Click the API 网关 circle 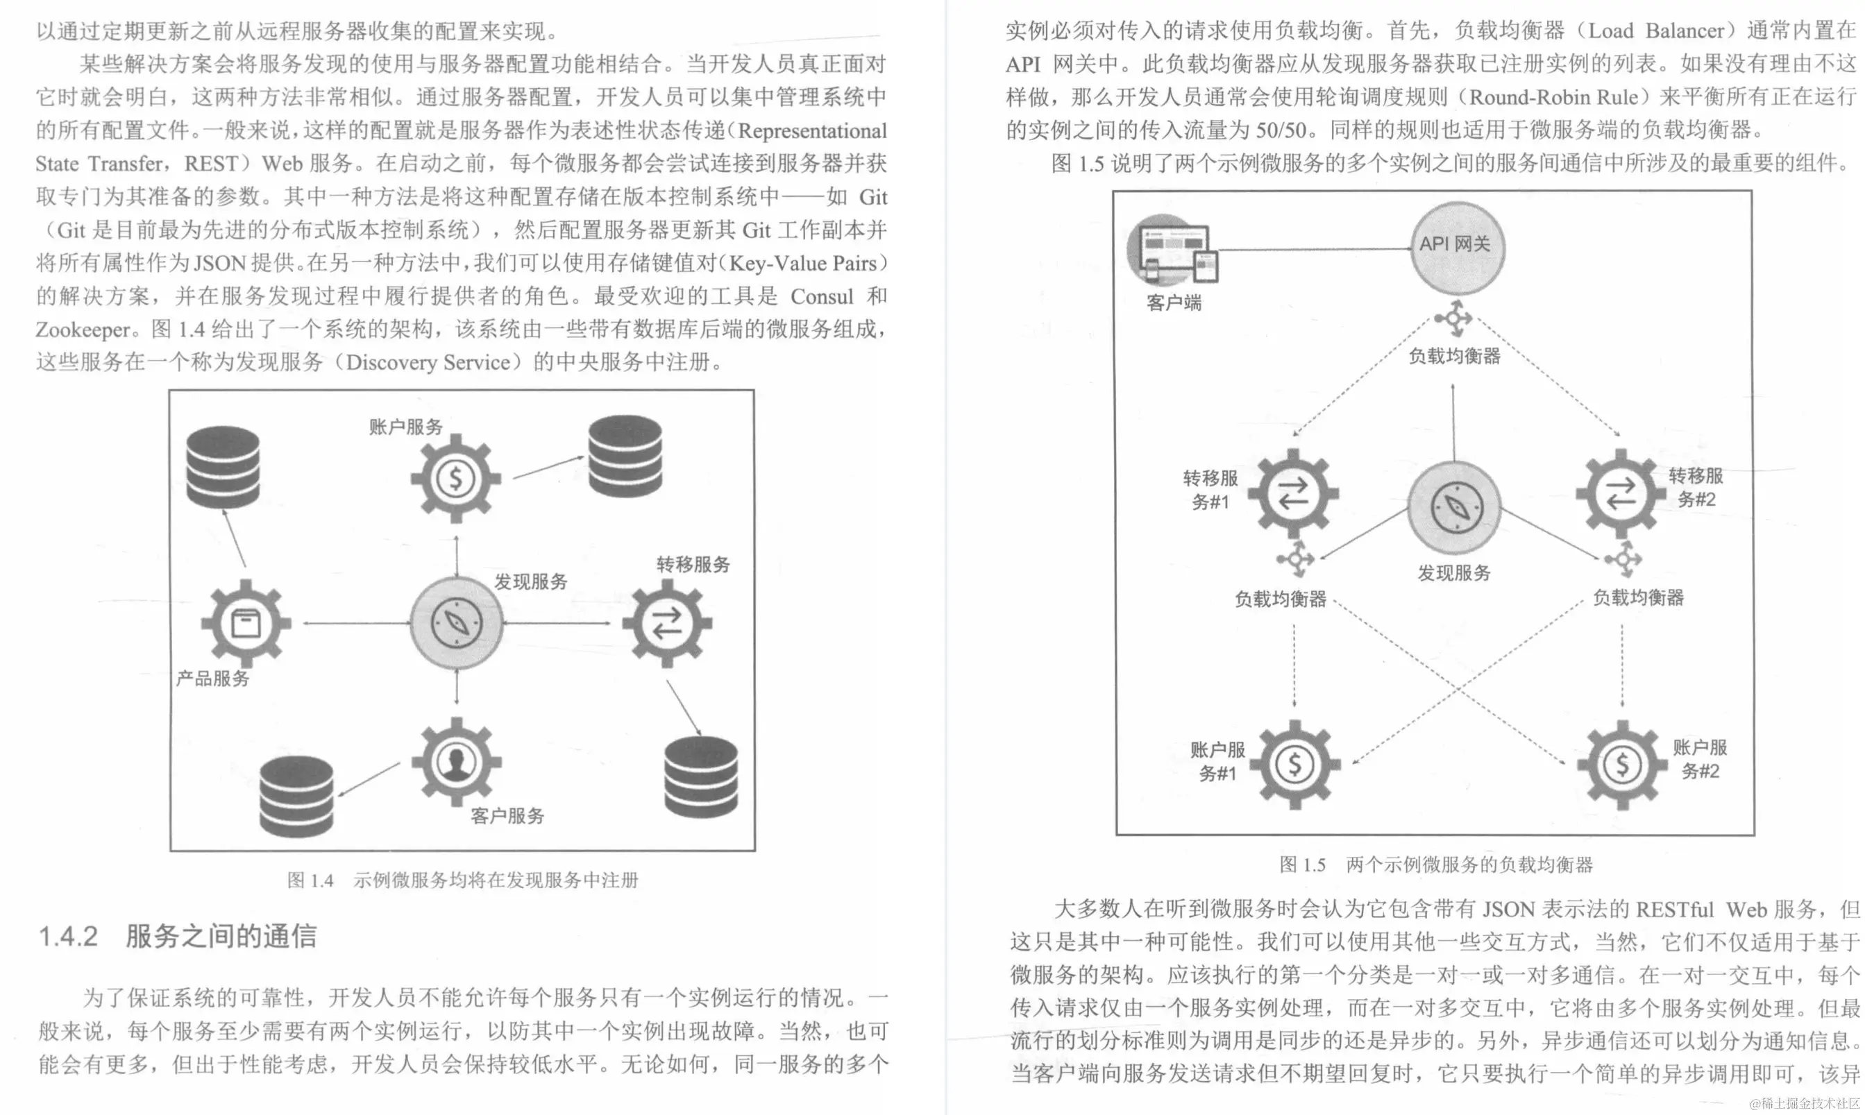coord(1457,247)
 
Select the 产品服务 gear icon coord(246,623)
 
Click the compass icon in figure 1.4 coord(456,623)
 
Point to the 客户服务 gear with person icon coord(456,762)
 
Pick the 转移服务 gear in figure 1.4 coord(667,623)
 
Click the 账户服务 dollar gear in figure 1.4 coord(455,478)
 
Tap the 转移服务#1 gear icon coord(1293,493)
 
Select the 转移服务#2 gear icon coord(1621,493)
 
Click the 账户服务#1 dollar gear coord(1294,764)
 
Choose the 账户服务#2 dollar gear coord(1621,764)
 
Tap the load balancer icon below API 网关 coord(1454,318)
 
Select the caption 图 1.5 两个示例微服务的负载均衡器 coord(1436,865)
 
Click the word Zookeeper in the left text coord(83,330)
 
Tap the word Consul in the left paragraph coord(821,296)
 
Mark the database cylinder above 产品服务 coord(223,466)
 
